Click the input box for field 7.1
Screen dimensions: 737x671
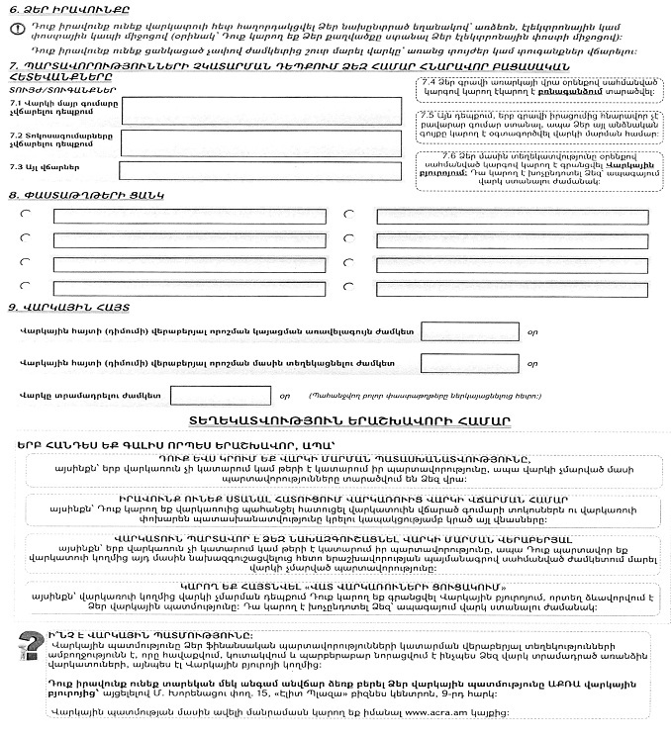[261, 111]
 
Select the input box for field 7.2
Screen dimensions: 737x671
[261, 141]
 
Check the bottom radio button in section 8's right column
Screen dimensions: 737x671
[348, 284]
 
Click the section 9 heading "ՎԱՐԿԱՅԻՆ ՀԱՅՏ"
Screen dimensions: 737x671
[59, 307]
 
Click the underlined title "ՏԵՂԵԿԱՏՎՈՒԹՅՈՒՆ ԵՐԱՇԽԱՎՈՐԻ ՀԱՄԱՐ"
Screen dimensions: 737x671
[341, 422]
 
